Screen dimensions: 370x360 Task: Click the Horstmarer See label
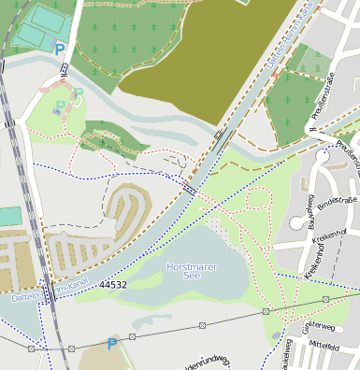click(191, 271)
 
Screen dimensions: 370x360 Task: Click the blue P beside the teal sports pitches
click(60, 49)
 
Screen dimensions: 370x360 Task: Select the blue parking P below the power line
click(112, 344)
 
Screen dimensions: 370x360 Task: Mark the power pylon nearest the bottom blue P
click(134, 335)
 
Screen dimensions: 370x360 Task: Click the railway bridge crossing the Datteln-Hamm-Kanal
click(45, 293)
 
